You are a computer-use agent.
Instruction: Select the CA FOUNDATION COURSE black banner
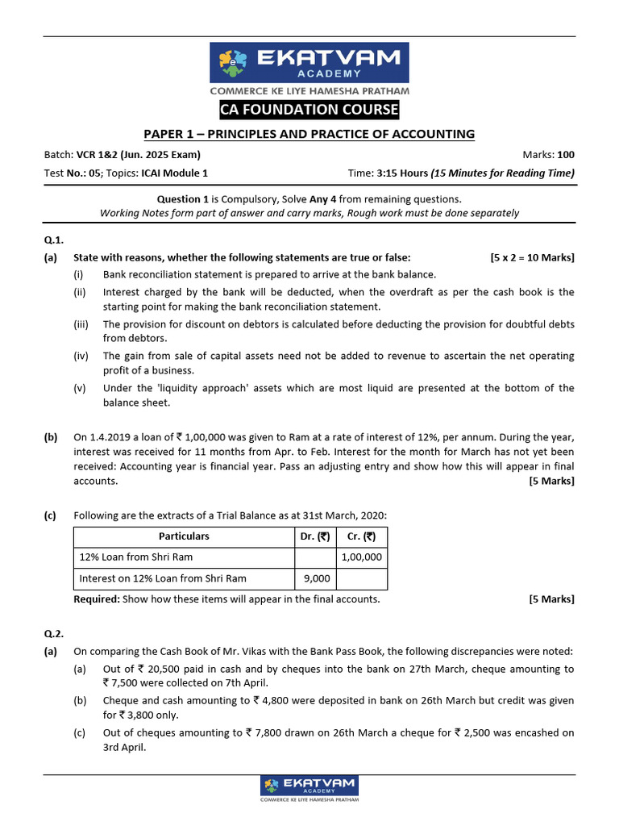(x=309, y=109)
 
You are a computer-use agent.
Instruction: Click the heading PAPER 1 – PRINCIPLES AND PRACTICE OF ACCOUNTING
(x=309, y=134)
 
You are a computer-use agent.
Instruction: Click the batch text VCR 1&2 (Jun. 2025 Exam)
(x=139, y=155)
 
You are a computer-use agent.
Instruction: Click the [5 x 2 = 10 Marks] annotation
(x=532, y=257)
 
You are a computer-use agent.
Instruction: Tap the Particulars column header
(x=184, y=536)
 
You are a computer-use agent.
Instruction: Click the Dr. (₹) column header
(x=315, y=536)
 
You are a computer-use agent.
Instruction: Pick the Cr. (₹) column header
(x=361, y=536)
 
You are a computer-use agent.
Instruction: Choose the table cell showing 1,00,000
(x=362, y=557)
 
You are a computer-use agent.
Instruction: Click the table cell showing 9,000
(x=315, y=578)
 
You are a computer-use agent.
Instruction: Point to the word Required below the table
(x=96, y=599)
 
